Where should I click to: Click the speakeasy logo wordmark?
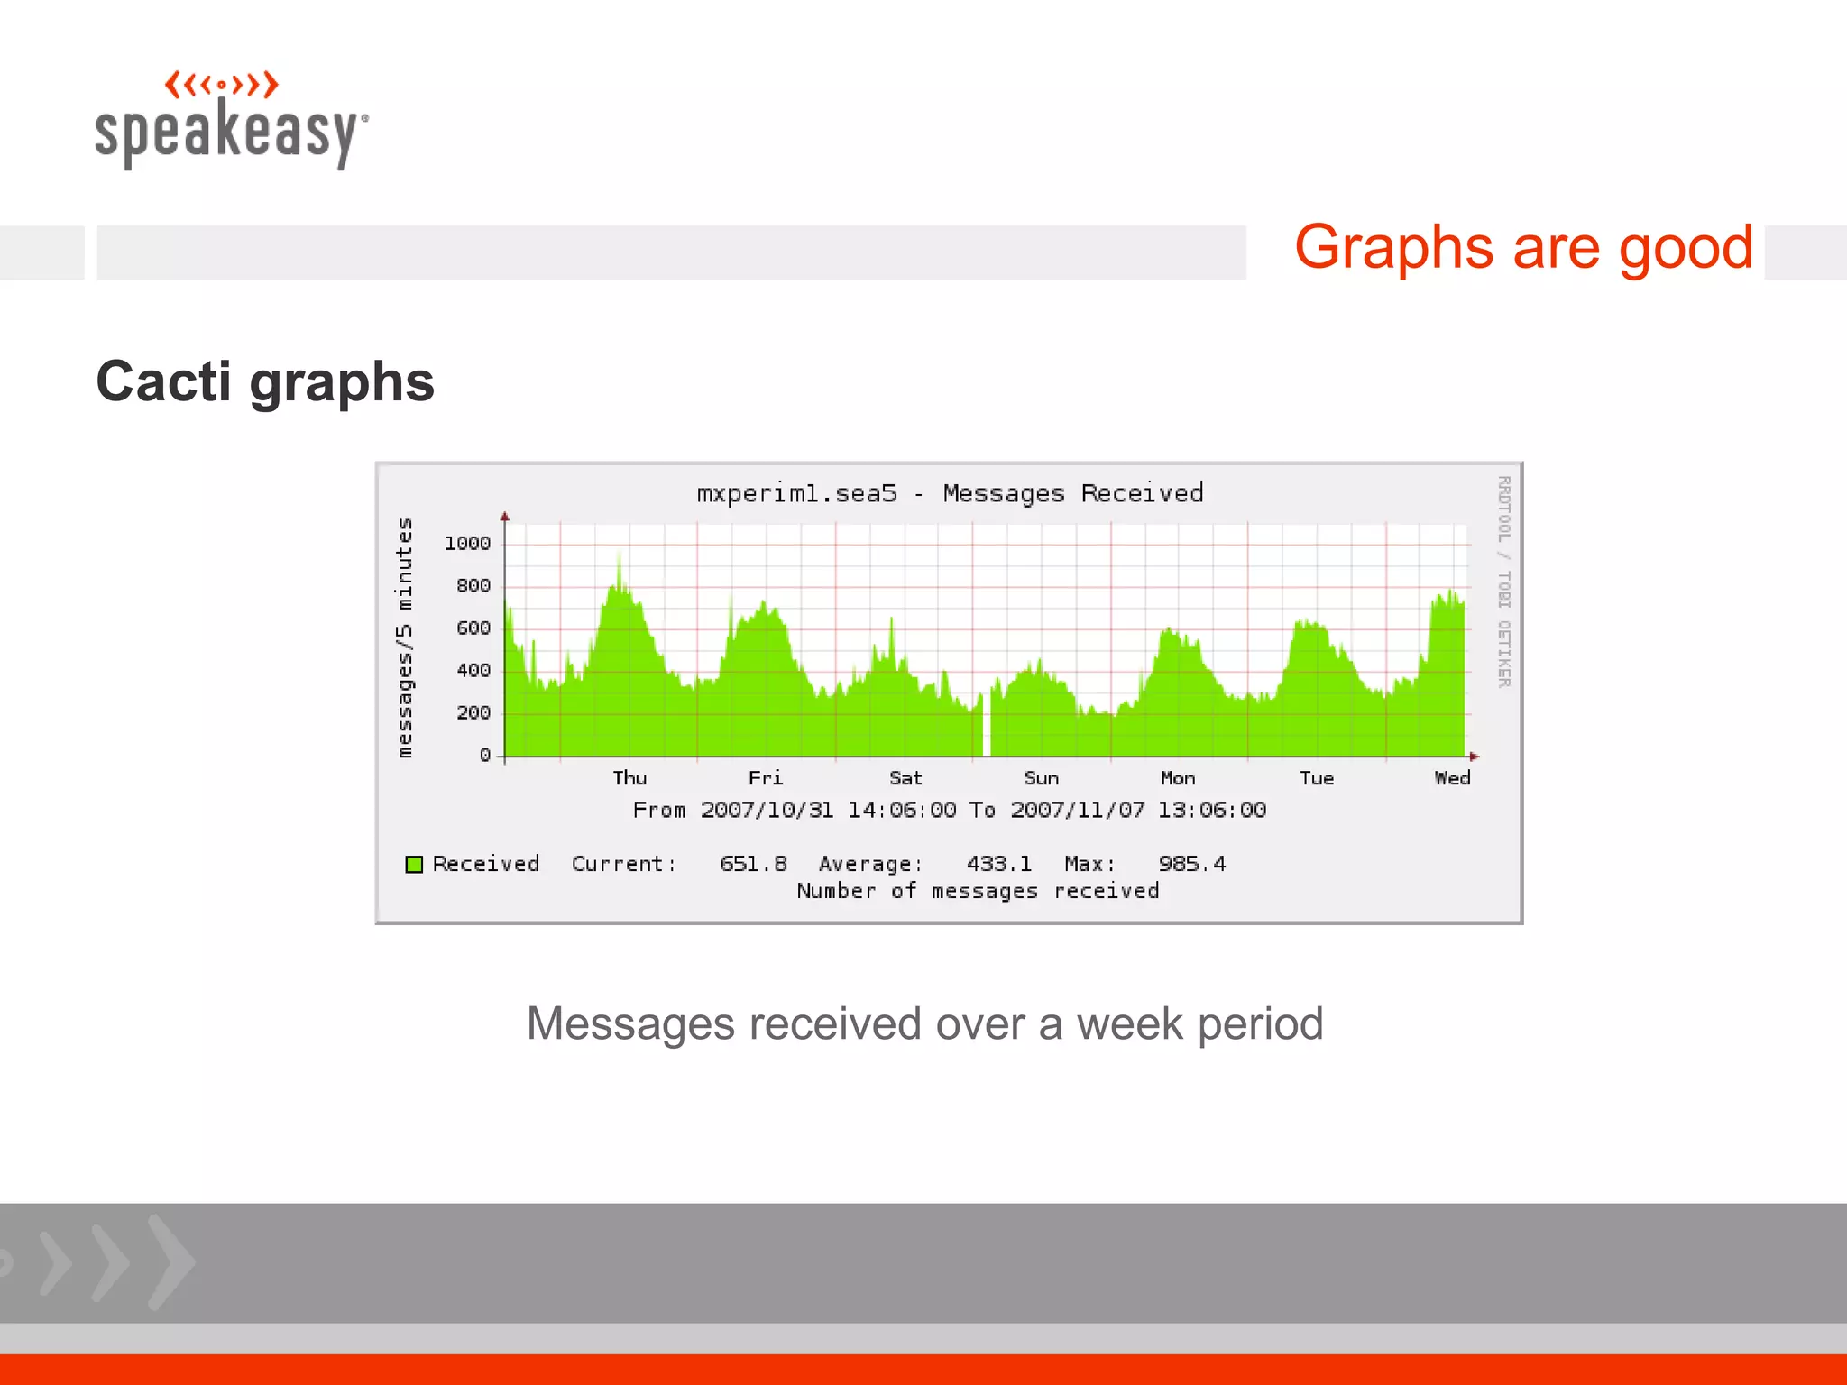pos(231,133)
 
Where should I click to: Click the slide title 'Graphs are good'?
pos(1523,248)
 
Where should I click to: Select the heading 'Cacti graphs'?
pos(265,381)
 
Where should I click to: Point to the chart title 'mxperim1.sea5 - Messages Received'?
pos(950,493)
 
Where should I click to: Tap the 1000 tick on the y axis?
pos(467,543)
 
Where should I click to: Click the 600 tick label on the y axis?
pos(473,628)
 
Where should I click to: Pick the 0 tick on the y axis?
pos(485,756)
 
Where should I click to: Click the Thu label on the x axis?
pos(629,778)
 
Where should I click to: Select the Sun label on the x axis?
pos(1041,778)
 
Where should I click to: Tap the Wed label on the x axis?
pos(1452,778)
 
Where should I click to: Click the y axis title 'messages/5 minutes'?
pos(405,637)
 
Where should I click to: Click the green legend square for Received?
pos(414,865)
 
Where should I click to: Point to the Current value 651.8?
pos(753,864)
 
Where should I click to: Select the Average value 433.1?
pos(998,864)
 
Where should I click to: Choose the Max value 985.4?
pos(1191,864)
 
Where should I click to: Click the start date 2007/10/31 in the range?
pos(767,810)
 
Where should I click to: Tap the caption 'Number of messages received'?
pos(978,891)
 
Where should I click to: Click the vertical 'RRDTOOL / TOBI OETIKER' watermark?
pos(1503,582)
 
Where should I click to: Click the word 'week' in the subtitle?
pos(1130,1024)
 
